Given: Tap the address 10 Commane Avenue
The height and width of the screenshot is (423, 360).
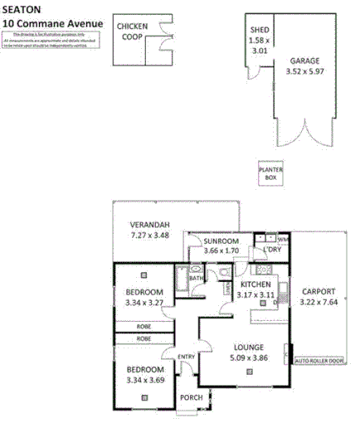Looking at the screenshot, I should [x=51, y=22].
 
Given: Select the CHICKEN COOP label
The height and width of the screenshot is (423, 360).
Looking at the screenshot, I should [x=132, y=32].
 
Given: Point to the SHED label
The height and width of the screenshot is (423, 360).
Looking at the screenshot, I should [x=260, y=31].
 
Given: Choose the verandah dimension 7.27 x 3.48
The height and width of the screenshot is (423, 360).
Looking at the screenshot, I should [x=150, y=236].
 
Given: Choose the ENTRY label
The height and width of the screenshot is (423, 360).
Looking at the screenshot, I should [x=186, y=357].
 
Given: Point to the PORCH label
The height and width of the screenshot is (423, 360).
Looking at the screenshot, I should [x=192, y=397].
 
